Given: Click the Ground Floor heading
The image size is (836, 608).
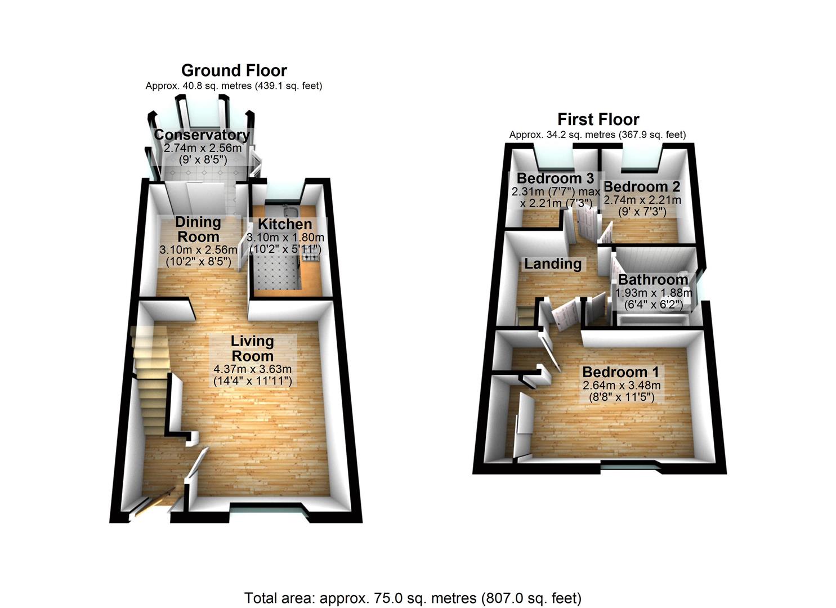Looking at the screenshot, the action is point(234,70).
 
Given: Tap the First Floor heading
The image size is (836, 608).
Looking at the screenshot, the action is point(598,119).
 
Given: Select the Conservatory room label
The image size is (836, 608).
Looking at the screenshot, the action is point(202,135).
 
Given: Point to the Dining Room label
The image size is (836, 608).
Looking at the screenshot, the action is point(198,229).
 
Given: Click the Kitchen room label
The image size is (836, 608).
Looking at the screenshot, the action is point(284,224).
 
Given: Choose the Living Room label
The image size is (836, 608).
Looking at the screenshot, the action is point(252,348).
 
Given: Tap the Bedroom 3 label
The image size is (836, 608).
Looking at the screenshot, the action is point(555,178).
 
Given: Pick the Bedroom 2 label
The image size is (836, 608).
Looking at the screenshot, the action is point(642,187).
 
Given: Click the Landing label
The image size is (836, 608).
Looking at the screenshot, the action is point(553,263).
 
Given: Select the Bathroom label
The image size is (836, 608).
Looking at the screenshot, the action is point(653,280).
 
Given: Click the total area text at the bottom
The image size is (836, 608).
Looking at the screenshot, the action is point(413,598).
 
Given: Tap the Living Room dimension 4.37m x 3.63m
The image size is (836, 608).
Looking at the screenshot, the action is point(252,369).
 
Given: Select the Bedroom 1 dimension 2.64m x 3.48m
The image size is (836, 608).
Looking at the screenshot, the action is point(622,386).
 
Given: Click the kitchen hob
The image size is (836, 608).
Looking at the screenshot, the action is point(310,257).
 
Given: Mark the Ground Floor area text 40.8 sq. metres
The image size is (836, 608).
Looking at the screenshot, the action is point(234,86).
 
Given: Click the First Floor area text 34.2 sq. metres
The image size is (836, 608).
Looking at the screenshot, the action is point(597,135).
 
